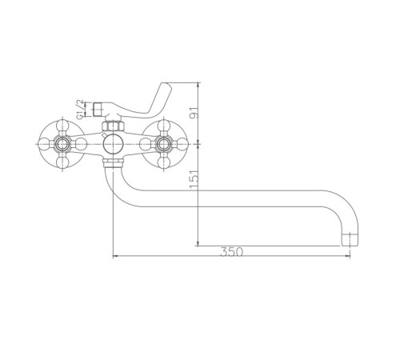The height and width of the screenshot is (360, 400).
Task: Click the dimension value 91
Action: (194, 113)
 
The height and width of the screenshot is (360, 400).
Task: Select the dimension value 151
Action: (194, 178)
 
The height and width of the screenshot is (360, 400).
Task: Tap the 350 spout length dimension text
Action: (231, 252)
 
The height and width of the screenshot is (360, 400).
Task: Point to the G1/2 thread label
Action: (80, 109)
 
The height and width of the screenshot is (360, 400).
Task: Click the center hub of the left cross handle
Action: (62, 144)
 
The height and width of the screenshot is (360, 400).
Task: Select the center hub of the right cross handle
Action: (163, 144)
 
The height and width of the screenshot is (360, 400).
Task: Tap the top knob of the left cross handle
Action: (62, 126)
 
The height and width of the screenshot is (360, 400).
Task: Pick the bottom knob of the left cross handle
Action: (62, 162)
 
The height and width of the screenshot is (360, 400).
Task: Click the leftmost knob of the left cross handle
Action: (44, 144)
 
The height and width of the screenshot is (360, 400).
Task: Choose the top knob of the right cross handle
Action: (163, 126)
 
